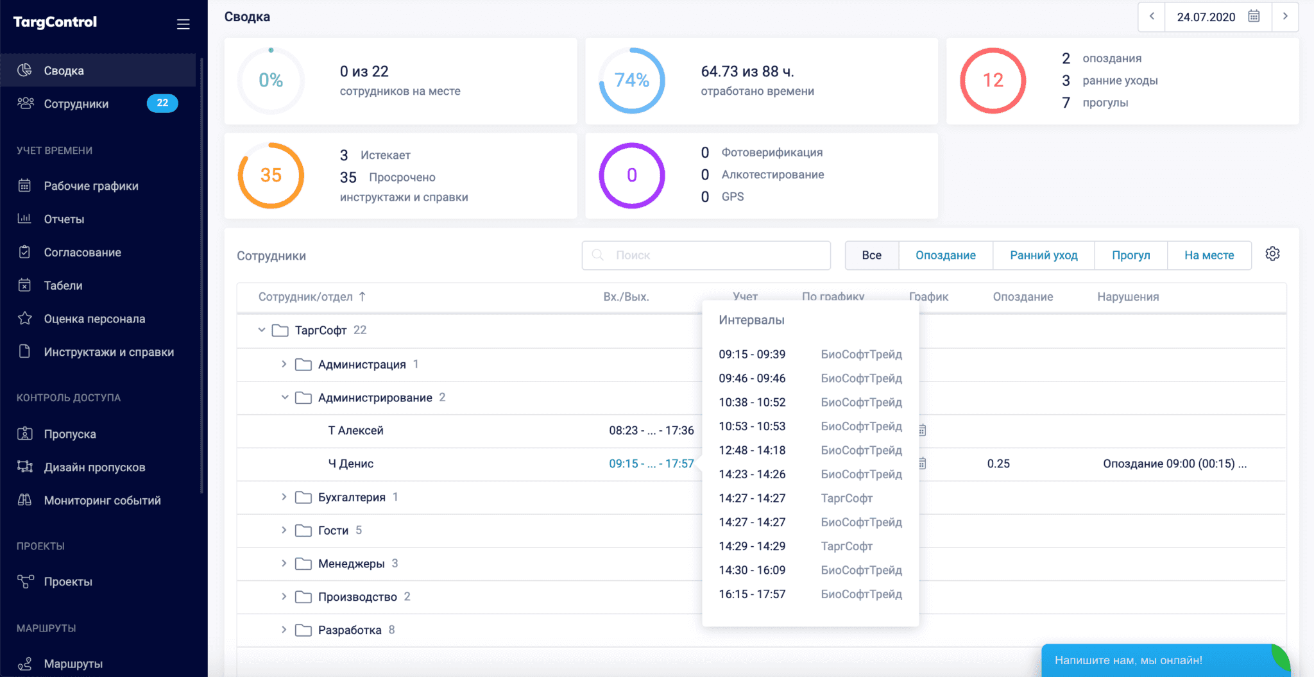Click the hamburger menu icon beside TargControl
coord(183,24)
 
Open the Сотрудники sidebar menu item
coord(76,104)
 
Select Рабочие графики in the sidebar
coord(90,186)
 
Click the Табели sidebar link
coord(63,285)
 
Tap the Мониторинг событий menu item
coord(102,501)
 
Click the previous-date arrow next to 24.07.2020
coord(1152,17)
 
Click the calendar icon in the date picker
coord(1254,17)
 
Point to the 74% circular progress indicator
coord(632,81)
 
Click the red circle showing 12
coord(993,81)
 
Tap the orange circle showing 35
coord(271,176)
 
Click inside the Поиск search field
coord(706,255)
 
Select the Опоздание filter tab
coord(945,255)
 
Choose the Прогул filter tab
coord(1131,255)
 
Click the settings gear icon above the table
coord(1272,254)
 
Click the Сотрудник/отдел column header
coord(305,297)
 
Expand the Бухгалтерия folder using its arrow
coord(284,497)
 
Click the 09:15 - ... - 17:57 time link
coord(651,464)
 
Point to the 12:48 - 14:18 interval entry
coord(752,451)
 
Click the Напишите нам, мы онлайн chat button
coord(1129,660)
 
